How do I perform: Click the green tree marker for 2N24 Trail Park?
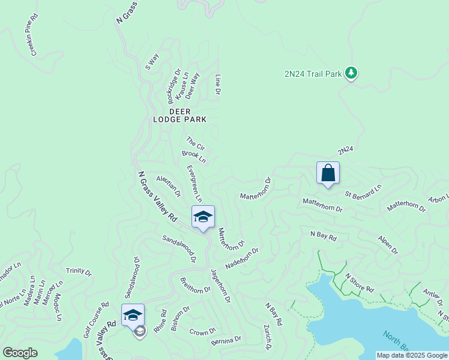click(x=351, y=73)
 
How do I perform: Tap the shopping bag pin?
click(x=328, y=173)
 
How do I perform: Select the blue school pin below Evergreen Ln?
click(x=203, y=217)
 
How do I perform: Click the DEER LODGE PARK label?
click(x=179, y=116)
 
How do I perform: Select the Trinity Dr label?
click(x=79, y=272)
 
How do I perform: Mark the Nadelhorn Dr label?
click(x=241, y=259)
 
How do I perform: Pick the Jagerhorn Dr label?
click(x=220, y=285)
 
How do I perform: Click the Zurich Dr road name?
click(x=267, y=338)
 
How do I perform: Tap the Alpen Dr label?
click(x=387, y=244)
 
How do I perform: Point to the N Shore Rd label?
click(x=359, y=284)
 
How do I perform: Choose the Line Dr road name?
click(x=218, y=85)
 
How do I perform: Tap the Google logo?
click(x=20, y=353)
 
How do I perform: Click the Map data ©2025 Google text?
click(x=412, y=355)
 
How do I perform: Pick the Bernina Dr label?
click(x=226, y=340)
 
